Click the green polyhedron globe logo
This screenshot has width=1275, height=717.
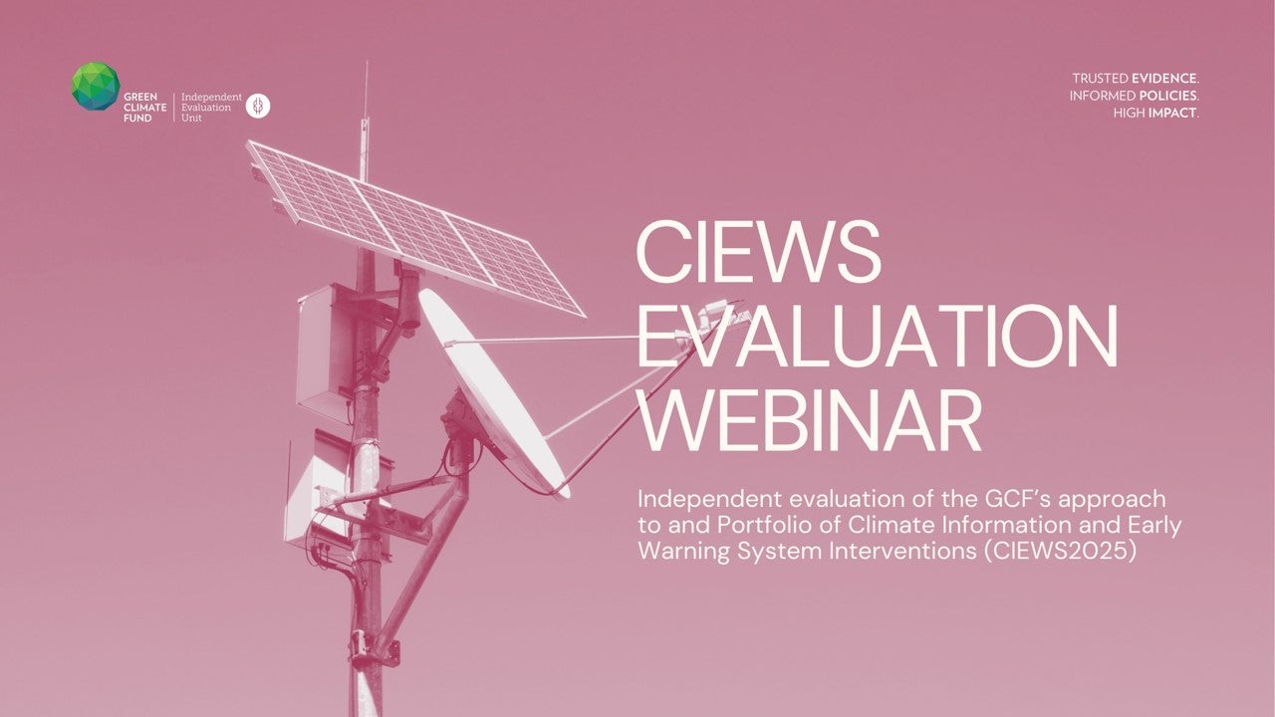pyautogui.click(x=96, y=86)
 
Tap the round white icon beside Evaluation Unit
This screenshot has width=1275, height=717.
pyautogui.click(x=258, y=106)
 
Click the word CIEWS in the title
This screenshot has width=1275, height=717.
pyautogui.click(x=758, y=252)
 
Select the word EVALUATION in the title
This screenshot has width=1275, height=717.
pyautogui.click(x=877, y=336)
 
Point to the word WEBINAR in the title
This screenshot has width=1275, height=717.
pyautogui.click(x=810, y=420)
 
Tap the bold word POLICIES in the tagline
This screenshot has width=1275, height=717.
pyautogui.click(x=1168, y=96)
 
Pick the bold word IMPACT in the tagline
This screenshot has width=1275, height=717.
pyautogui.click(x=1172, y=114)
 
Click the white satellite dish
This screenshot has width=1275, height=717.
pyautogui.click(x=494, y=392)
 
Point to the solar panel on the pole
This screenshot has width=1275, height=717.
pyautogui.click(x=415, y=228)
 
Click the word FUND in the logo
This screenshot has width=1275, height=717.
pyautogui.click(x=137, y=119)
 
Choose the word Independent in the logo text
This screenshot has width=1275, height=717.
pyautogui.click(x=211, y=98)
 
